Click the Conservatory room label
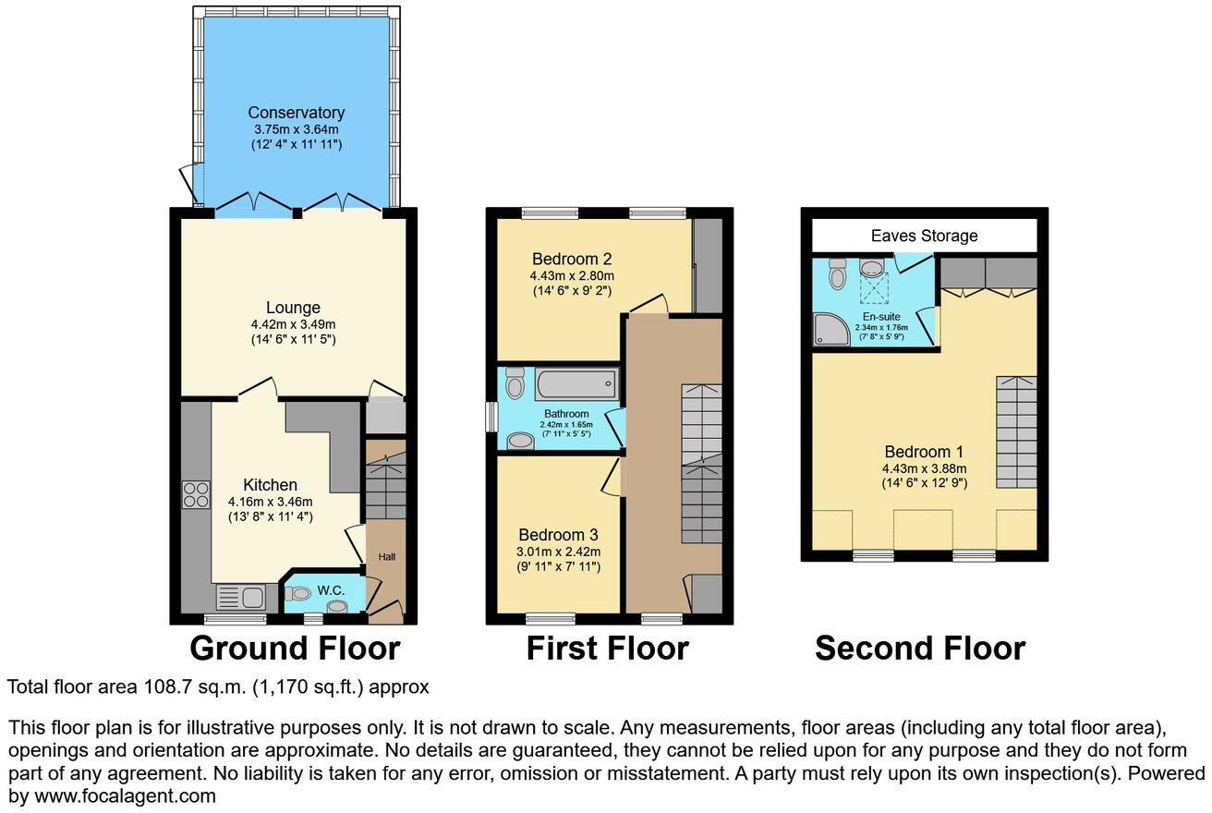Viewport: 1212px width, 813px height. point(296,113)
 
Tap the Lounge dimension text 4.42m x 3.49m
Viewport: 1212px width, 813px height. point(293,325)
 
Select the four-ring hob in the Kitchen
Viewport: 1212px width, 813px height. point(197,494)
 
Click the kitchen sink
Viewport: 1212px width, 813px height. point(240,598)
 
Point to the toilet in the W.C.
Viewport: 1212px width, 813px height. point(297,594)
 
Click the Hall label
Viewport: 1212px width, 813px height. point(386,556)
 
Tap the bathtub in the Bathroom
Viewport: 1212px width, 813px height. point(576,383)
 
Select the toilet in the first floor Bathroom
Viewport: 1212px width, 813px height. point(514,382)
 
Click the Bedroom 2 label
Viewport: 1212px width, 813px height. point(572,259)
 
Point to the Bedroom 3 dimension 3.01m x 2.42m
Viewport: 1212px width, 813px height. point(558,552)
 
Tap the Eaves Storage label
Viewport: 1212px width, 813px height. point(924,236)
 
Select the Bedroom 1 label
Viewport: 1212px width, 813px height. point(924,452)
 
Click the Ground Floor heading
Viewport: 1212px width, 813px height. point(295,648)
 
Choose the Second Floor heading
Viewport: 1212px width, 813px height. point(920,648)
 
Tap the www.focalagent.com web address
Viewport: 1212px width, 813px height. point(125,796)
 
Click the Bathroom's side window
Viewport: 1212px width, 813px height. point(491,417)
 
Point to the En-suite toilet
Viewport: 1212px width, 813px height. point(837,273)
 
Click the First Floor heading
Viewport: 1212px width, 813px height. point(608,648)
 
